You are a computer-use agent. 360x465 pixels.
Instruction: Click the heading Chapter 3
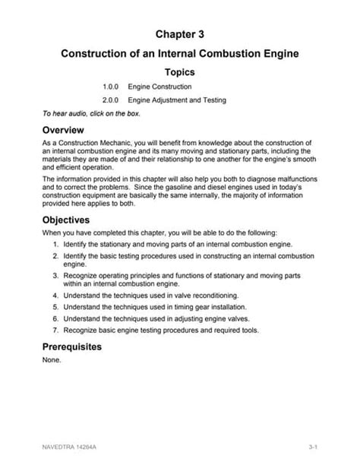180,34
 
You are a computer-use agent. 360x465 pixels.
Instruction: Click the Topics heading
180,72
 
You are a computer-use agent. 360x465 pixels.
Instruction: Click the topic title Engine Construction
159,87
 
